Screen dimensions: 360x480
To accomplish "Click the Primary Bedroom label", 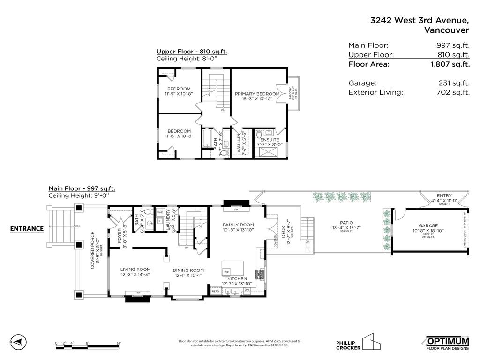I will coord(257,94).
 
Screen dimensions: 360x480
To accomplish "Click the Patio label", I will coord(346,223).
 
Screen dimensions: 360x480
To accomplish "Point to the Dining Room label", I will coord(188,270).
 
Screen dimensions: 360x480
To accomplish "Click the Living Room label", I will coord(135,270).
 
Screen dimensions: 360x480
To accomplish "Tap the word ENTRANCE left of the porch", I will coord(27,229).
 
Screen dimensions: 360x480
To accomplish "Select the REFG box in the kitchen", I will coord(216,291).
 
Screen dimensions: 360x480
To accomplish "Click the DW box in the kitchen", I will coord(247,290).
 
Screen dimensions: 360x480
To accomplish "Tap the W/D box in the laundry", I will coord(160,212).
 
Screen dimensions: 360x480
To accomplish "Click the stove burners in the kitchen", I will coord(259,274).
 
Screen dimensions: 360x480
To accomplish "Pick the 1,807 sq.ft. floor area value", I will coord(450,64).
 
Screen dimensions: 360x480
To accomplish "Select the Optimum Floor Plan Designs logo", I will coord(447,343).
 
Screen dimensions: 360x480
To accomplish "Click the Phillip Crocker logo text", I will coord(348,345).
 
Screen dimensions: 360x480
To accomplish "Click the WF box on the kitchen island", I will coord(226,272).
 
